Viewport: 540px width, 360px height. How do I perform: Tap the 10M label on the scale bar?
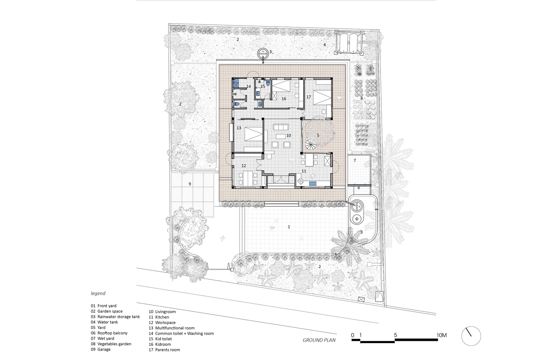click(442, 335)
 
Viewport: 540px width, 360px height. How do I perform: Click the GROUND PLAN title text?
click(319, 340)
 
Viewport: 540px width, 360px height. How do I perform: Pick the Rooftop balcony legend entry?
click(109, 333)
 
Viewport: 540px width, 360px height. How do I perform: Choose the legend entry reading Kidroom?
click(160, 344)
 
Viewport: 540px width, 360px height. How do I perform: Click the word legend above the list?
click(98, 293)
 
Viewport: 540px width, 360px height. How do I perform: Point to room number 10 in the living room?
click(289, 135)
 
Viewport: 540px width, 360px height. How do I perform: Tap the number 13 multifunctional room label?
click(239, 128)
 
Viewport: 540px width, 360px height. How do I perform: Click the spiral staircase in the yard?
click(311, 145)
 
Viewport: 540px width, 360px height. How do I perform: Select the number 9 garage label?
click(190, 184)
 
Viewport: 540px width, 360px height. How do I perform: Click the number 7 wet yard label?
click(355, 160)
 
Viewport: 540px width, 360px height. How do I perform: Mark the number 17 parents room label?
click(309, 97)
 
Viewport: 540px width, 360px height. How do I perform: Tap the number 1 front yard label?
click(289, 227)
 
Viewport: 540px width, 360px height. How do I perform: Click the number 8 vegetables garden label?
click(361, 98)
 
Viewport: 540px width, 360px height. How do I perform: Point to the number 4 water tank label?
click(325, 45)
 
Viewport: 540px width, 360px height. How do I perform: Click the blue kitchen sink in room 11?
click(313, 184)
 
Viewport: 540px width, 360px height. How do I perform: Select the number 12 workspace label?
click(244, 166)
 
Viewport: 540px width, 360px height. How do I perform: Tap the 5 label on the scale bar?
click(395, 335)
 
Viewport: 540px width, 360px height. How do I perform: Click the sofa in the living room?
click(281, 127)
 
